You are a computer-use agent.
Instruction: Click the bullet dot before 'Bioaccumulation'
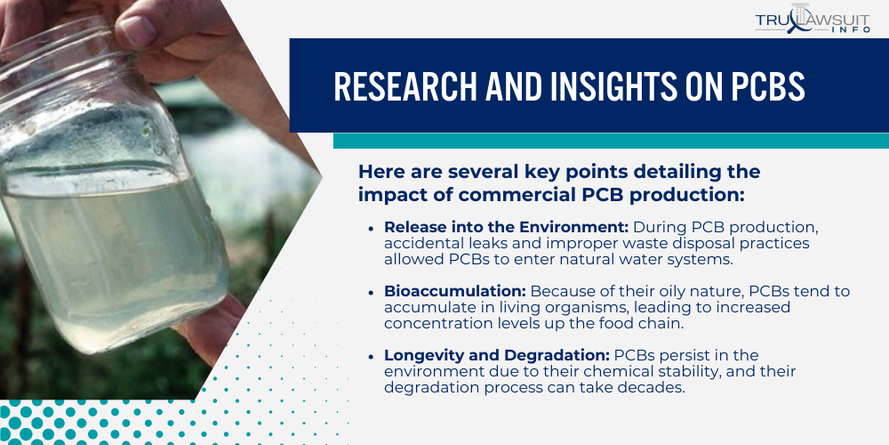pos(371,292)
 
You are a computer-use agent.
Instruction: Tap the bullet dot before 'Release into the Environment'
pos(371,228)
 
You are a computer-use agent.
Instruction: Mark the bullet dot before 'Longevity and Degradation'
pos(371,356)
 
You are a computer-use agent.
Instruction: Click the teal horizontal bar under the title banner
pos(610,141)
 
